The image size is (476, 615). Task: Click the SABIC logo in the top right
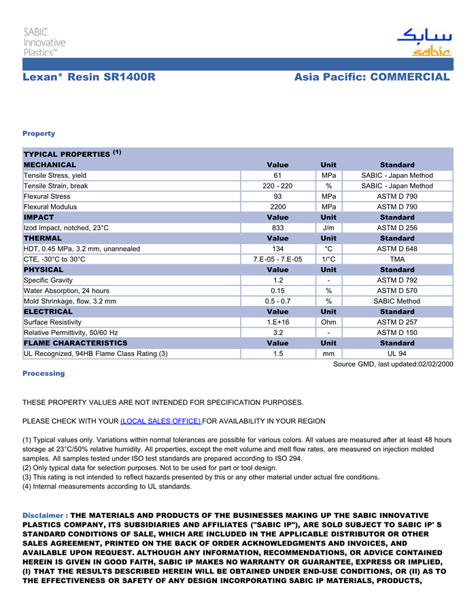pyautogui.click(x=424, y=43)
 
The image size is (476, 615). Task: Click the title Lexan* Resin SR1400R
pyautogui.click(x=89, y=77)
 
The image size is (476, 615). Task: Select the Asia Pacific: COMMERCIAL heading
pyautogui.click(x=372, y=77)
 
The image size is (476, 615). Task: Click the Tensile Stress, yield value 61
pyautogui.click(x=277, y=175)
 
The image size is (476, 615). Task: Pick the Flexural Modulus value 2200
pyautogui.click(x=277, y=207)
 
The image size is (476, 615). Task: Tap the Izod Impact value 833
pyautogui.click(x=277, y=228)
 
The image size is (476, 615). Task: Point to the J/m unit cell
pyautogui.click(x=328, y=228)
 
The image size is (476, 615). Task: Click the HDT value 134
pyautogui.click(x=277, y=249)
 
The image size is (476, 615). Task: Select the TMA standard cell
pyautogui.click(x=397, y=259)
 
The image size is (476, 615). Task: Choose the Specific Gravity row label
pyautogui.click(x=48, y=280)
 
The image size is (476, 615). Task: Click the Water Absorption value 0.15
pyautogui.click(x=277, y=291)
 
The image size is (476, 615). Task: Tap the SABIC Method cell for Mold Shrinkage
pyautogui.click(x=397, y=301)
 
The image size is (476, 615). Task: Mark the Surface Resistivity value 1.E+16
pyautogui.click(x=277, y=322)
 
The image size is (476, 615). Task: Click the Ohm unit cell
pyautogui.click(x=328, y=322)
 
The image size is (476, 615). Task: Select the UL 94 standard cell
pyautogui.click(x=397, y=353)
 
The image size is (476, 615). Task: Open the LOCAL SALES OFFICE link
pyautogui.click(x=160, y=421)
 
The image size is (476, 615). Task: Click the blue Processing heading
pyautogui.click(x=44, y=374)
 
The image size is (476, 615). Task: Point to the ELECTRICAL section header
pyautogui.click(x=48, y=312)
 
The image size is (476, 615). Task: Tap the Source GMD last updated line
pyautogui.click(x=393, y=364)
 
